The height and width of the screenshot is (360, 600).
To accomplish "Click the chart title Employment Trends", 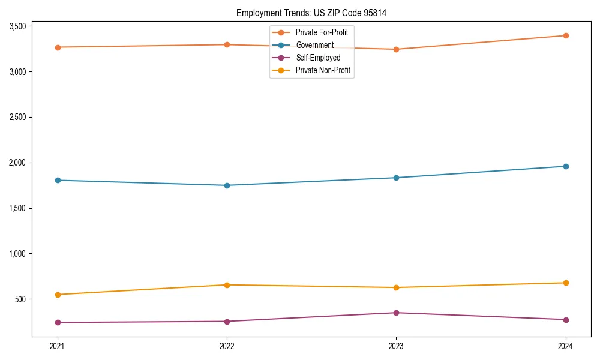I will (x=316, y=13).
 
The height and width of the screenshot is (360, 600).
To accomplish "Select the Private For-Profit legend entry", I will (x=322, y=32).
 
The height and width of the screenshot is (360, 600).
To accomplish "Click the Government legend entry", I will (x=314, y=45).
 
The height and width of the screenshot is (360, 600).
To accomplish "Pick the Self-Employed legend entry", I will (x=318, y=58).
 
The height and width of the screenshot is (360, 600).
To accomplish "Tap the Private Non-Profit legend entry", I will (x=323, y=71).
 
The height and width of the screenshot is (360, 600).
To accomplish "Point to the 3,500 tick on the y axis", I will (x=17, y=26).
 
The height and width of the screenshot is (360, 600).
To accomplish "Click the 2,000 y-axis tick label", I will (x=17, y=163).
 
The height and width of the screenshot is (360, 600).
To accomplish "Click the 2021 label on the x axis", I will (x=58, y=346).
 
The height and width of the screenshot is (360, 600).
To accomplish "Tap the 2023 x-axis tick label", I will (x=396, y=346).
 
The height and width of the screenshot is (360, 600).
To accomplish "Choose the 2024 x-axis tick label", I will (x=565, y=346).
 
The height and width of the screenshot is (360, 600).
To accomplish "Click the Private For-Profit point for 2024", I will (x=565, y=35).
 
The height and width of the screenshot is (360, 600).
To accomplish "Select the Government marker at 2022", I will (x=227, y=185).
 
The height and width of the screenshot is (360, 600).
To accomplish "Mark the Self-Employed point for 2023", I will (x=396, y=313).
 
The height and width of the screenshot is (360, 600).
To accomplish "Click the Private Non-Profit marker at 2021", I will (x=58, y=295).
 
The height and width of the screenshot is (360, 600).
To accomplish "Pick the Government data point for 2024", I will (x=565, y=166).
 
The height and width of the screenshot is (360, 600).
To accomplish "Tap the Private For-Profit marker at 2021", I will (x=58, y=47).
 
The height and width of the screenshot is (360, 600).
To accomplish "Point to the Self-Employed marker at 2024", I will (x=565, y=320).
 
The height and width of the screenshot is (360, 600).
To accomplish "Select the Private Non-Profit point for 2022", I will (x=227, y=285).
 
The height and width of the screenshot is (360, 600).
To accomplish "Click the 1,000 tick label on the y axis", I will (x=17, y=254).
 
